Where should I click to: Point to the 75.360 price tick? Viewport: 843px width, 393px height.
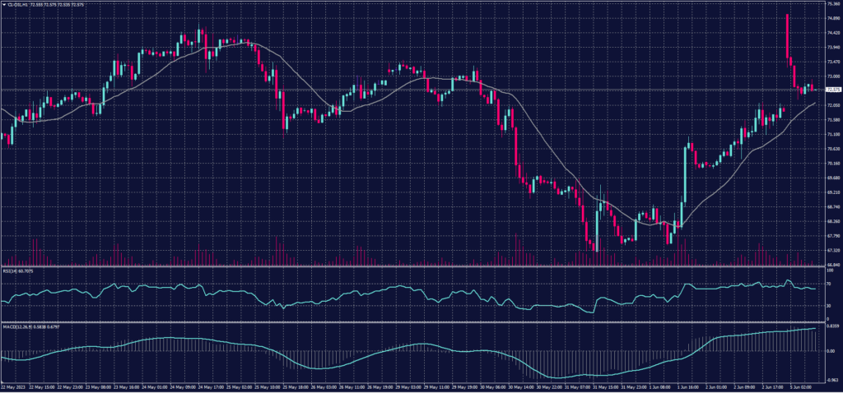831,4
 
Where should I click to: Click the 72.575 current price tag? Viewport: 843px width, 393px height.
831,89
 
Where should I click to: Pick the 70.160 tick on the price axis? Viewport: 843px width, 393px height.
831,163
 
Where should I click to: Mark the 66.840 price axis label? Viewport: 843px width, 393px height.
831,264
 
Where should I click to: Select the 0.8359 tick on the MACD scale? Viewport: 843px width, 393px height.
831,326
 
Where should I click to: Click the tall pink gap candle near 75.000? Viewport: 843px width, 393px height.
787,37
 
